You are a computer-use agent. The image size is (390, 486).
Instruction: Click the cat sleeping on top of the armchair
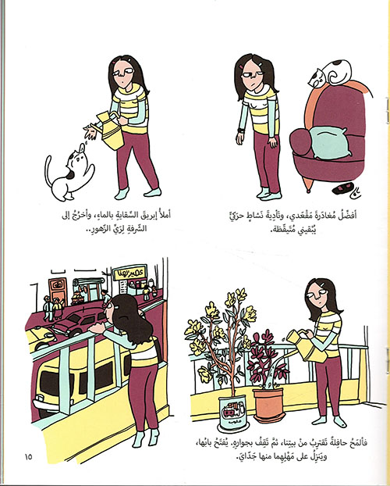(331, 73)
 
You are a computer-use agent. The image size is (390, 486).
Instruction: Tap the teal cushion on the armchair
(330, 142)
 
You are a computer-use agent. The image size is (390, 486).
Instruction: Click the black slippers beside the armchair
(343, 188)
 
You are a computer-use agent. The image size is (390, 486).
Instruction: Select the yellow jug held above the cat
(110, 130)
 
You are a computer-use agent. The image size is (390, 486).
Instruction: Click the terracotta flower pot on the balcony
(268, 405)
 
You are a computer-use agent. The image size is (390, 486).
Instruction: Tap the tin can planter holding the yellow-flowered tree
(232, 413)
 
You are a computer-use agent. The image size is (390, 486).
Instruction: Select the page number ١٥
(28, 456)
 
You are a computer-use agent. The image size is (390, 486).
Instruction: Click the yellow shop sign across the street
(129, 272)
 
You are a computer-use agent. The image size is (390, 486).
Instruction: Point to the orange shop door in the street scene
(58, 291)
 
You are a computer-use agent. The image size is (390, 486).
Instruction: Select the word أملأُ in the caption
(163, 215)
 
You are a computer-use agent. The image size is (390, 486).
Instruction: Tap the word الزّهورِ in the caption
(111, 229)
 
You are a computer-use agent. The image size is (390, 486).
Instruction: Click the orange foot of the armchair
(308, 184)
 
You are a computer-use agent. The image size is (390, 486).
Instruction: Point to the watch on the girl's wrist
(241, 130)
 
